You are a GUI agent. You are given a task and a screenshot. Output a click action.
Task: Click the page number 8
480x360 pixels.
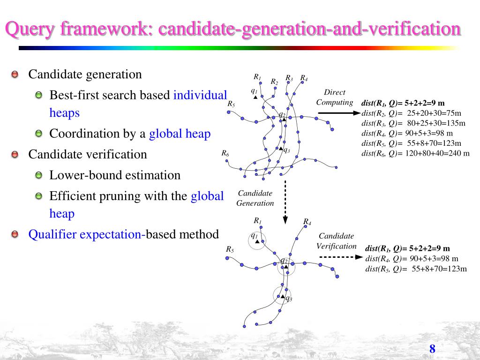432,349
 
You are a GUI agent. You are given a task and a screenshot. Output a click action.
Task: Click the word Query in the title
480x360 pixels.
29,29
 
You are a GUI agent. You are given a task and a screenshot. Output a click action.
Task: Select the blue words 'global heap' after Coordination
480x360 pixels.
180,134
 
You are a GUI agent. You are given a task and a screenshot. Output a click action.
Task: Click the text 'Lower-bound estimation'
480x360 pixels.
115,175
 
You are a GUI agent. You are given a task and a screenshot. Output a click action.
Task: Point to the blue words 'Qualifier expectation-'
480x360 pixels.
87,234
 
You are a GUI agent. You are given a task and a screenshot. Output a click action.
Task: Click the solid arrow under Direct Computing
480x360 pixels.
337,113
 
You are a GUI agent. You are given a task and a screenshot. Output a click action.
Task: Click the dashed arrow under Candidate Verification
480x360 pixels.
340,257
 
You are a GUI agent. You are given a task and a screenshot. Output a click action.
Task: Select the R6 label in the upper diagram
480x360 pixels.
225,153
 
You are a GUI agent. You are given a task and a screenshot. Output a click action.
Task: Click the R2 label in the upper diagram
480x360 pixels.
274,82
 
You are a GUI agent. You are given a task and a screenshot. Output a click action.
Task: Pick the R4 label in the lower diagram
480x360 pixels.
307,222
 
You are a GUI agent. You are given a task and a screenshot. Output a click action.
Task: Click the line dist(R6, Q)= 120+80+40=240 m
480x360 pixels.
415,153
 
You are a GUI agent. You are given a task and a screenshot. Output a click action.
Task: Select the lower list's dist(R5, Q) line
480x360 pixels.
416,269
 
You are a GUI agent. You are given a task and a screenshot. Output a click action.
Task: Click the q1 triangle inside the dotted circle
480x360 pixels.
257,241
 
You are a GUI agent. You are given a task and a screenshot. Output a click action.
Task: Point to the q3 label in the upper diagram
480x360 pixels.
286,150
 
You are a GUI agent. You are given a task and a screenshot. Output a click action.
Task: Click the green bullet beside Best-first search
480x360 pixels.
38,95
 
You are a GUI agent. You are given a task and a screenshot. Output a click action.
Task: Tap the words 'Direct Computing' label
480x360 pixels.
334,97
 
